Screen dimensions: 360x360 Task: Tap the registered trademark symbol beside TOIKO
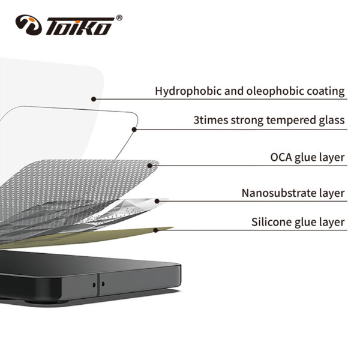(119, 18)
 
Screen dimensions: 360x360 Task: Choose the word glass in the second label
(332, 121)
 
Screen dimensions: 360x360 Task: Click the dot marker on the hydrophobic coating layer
(94, 98)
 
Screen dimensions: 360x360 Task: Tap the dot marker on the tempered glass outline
(134, 128)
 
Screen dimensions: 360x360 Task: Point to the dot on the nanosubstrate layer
(157, 200)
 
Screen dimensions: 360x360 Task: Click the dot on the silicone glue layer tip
(155, 229)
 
